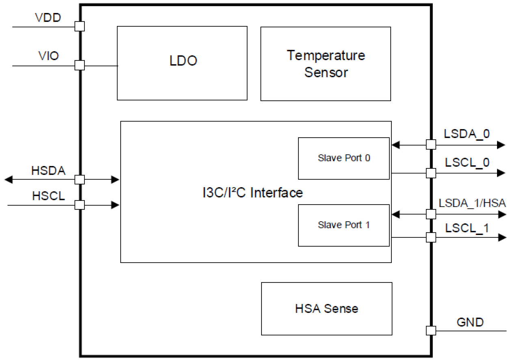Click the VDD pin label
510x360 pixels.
pyautogui.click(x=48, y=17)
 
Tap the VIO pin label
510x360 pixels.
pyautogui.click(x=49, y=56)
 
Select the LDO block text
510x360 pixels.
pyautogui.click(x=183, y=61)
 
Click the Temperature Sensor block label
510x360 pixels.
pyautogui.click(x=326, y=64)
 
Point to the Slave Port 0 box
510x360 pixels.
pyautogui.click(x=344, y=158)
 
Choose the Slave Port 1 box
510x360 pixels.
pyautogui.click(x=344, y=225)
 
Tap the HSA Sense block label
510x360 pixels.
pyautogui.click(x=326, y=308)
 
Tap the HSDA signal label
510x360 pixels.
pyautogui.click(x=48, y=170)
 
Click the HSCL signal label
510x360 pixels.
pyautogui.click(x=48, y=196)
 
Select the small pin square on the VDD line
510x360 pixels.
pyautogui.click(x=80, y=27)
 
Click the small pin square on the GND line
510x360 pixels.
pyautogui.click(x=431, y=330)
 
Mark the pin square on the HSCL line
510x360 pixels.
pyautogui.click(x=80, y=205)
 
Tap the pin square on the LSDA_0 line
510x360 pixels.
pyautogui.click(x=431, y=144)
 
